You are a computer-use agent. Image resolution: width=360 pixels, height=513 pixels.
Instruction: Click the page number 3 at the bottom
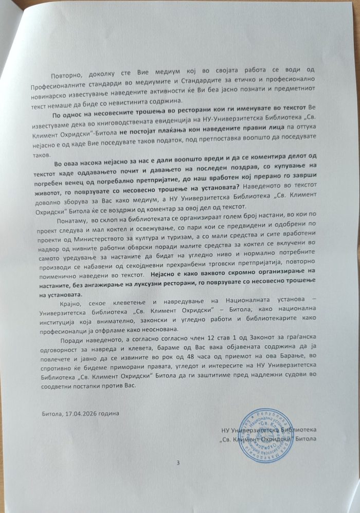[177, 464]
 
